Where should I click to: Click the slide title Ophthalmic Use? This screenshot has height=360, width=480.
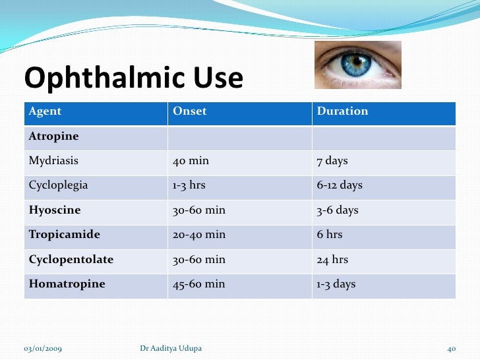(x=134, y=79)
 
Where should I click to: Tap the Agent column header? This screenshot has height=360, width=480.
(x=45, y=111)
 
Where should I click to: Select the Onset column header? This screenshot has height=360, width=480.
(x=189, y=111)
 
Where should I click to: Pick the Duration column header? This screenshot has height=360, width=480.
(x=342, y=111)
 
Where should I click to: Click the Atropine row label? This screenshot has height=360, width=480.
(x=53, y=136)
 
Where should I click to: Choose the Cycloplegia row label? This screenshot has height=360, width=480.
(x=58, y=185)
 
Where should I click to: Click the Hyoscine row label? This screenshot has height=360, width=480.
(x=55, y=210)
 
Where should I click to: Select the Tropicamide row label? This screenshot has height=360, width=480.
(x=64, y=235)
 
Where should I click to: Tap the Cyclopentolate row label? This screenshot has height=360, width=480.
(x=71, y=260)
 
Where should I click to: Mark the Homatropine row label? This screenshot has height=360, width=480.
(x=67, y=284)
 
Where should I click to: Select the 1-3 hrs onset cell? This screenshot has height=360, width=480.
(x=189, y=185)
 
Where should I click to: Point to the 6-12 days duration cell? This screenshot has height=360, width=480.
(x=340, y=185)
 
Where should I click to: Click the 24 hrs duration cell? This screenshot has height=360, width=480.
(x=332, y=260)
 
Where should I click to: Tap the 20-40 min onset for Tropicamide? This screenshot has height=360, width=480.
(x=198, y=235)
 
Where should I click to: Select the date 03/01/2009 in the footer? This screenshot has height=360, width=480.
(x=44, y=348)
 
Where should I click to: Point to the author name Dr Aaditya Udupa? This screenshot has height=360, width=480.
(x=171, y=348)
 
